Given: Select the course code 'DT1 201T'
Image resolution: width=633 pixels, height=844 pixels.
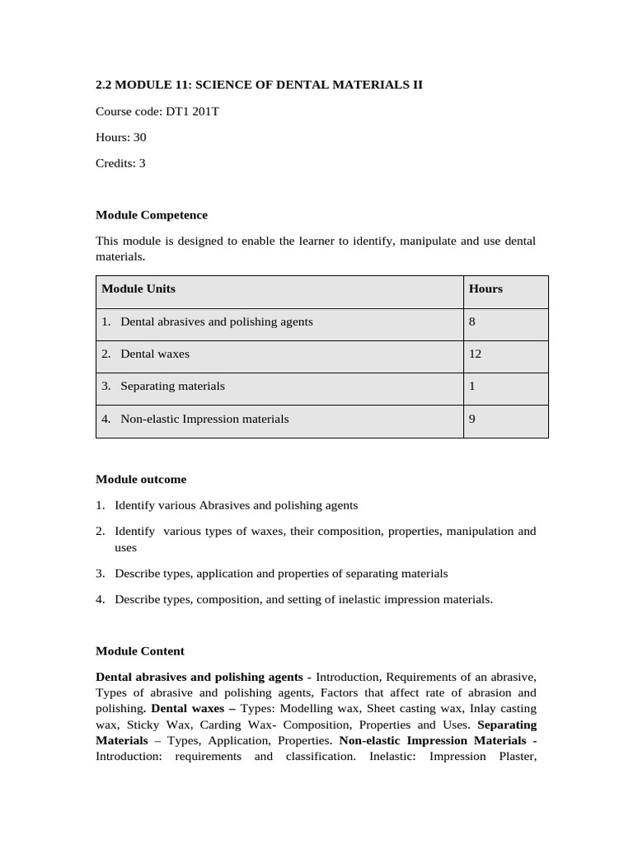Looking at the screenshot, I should click(192, 111).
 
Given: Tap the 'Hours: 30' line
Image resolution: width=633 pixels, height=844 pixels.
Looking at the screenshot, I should click(121, 138).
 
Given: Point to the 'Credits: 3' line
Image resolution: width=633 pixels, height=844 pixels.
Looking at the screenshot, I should click(120, 163).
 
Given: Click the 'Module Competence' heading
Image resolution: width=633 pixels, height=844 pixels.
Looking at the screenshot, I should click(152, 215).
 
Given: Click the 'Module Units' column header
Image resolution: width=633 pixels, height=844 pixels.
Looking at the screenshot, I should click(138, 288).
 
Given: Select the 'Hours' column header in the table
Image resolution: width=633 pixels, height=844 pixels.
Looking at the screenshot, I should click(485, 288).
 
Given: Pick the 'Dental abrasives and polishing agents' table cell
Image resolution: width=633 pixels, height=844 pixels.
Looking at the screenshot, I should click(216, 321).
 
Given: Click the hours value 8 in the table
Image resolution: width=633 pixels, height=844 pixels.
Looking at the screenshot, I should click(472, 321).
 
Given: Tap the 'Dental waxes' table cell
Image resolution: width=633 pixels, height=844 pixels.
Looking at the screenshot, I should click(154, 354).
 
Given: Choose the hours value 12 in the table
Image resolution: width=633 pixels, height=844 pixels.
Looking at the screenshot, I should click(475, 354).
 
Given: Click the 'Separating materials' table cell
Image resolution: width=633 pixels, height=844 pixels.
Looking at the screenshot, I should click(172, 386).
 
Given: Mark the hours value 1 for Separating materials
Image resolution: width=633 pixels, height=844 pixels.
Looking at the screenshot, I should click(472, 386).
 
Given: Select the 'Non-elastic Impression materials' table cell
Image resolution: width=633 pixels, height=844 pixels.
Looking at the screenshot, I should click(204, 419).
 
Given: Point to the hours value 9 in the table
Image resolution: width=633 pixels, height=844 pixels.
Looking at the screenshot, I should click(472, 419).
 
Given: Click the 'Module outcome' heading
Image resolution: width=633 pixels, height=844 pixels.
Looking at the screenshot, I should click(141, 479).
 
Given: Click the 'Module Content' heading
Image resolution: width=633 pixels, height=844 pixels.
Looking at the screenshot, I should click(140, 651).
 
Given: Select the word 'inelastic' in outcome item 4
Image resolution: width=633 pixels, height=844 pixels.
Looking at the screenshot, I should click(361, 599).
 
